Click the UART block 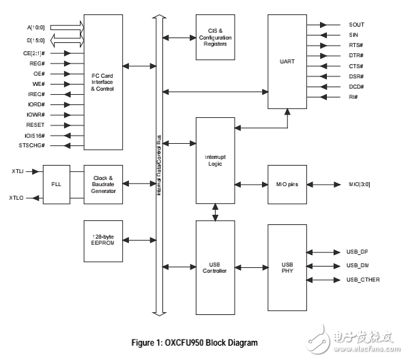point(287,61)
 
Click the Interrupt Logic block point(215,160)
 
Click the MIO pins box point(287,185)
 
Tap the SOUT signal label point(357,25)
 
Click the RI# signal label point(353,97)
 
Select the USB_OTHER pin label point(363,280)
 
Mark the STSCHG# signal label point(35,145)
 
